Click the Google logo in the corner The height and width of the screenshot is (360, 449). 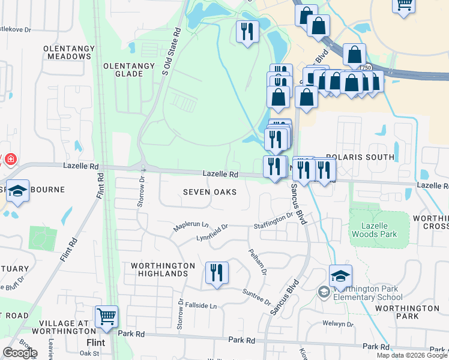[20, 353]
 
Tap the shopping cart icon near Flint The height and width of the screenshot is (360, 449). [106, 316]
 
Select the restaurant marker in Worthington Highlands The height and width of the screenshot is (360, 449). [217, 272]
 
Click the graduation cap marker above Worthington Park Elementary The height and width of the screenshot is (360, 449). [340, 276]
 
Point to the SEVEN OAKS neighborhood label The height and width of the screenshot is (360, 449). [209, 192]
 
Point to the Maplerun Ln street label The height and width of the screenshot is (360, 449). [190, 226]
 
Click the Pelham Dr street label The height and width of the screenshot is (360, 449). [257, 261]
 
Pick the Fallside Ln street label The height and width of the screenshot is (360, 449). [200, 305]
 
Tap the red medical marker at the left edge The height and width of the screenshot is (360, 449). [11, 160]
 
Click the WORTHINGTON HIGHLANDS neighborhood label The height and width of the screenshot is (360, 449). [163, 269]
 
